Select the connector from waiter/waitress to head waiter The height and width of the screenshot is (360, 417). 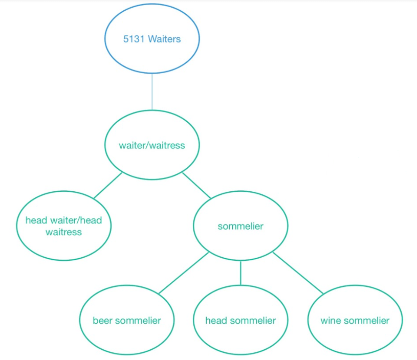coord(108,185)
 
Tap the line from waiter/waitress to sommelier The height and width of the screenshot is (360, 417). coord(196,186)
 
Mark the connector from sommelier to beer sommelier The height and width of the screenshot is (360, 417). coord(183,273)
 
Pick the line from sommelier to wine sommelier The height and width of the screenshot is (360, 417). coord(298,273)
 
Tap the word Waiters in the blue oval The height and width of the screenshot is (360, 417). coord(164,39)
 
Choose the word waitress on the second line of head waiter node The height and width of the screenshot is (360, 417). coord(63,232)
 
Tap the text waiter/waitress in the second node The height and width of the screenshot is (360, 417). coord(152,145)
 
